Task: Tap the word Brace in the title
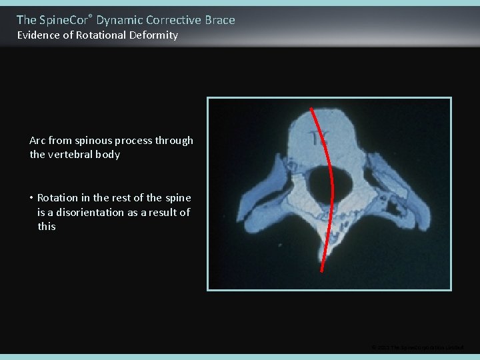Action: (x=219, y=20)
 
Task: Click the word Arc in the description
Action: (x=38, y=141)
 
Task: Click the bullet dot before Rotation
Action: (x=31, y=198)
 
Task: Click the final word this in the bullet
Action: (x=47, y=227)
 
